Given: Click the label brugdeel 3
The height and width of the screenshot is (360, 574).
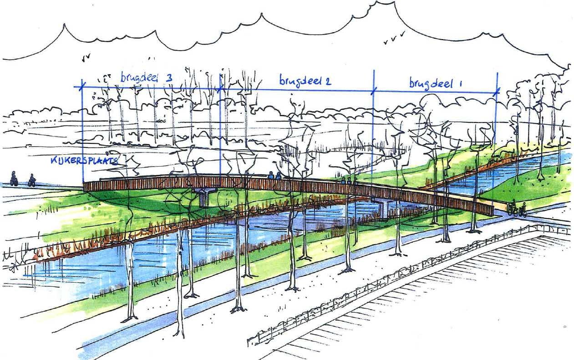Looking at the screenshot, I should pyautogui.click(x=146, y=78).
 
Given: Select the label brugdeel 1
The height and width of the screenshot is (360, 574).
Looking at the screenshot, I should pyautogui.click(x=435, y=83).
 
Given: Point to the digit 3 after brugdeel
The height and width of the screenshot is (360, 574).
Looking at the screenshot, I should pyautogui.click(x=168, y=78).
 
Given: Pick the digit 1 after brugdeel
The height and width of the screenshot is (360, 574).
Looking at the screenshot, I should pyautogui.click(x=460, y=83).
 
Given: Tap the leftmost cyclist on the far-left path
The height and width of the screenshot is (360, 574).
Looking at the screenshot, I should pyautogui.click(x=14, y=178).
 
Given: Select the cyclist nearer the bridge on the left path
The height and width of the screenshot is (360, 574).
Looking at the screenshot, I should pyautogui.click(x=32, y=180).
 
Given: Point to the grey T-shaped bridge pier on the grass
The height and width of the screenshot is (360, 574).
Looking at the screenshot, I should pyautogui.click(x=204, y=197).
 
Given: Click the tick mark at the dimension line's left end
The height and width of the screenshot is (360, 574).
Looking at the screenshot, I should pyautogui.click(x=82, y=85).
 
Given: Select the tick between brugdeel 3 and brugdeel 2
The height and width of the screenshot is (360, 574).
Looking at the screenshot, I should pyautogui.click(x=220, y=88).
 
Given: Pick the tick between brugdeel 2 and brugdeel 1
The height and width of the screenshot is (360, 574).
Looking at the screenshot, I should pyautogui.click(x=373, y=91).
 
